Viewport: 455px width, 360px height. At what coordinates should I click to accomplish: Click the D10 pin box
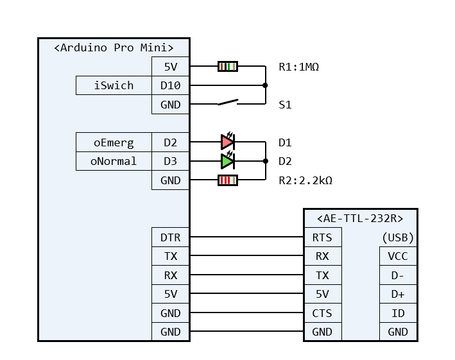pos(171,85)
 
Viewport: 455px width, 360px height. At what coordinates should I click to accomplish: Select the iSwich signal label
pos(114,85)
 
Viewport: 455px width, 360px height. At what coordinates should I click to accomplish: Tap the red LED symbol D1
pos(228,142)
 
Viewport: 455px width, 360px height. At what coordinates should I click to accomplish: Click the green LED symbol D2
pos(228,160)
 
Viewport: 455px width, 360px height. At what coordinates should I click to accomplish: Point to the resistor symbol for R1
pos(228,66)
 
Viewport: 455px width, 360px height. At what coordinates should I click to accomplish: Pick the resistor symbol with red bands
pos(228,180)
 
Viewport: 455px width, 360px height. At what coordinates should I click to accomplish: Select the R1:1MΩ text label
pos(298,66)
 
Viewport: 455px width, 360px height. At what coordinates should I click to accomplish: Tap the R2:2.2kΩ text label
pos(305,180)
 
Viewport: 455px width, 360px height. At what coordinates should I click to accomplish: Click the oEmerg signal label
pos(114,142)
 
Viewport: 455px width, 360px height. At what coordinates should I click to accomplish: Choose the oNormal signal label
pos(114,161)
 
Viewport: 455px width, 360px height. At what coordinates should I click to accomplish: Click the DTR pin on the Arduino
pos(171,237)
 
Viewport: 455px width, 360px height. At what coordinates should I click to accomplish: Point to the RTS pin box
pos(322,237)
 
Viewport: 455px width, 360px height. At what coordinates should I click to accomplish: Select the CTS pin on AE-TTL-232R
pos(322,313)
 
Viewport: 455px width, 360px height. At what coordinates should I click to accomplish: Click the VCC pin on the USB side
pos(398,256)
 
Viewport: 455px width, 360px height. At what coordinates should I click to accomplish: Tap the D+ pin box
pos(398,294)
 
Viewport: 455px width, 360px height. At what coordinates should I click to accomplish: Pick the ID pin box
pos(398,313)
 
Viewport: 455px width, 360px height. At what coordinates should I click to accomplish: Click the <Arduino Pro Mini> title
pos(114,47)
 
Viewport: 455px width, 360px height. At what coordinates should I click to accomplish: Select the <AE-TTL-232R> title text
pos(360,218)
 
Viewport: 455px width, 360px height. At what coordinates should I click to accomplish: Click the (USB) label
pos(398,237)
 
